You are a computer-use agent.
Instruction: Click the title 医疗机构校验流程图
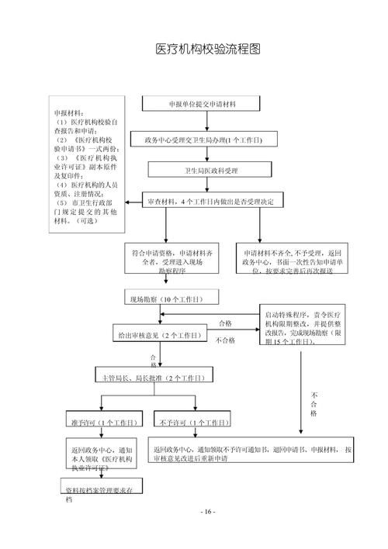207,49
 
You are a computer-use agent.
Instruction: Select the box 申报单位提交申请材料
203,103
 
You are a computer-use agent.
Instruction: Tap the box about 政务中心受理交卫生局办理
203,140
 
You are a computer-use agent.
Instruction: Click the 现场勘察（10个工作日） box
172,298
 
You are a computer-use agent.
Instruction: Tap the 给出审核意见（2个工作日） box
158,335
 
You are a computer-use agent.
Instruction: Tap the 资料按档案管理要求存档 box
99,491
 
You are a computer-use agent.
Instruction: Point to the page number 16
207,513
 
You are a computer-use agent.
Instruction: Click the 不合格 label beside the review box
225,340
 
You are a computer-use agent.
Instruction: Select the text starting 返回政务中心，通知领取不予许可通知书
252,454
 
